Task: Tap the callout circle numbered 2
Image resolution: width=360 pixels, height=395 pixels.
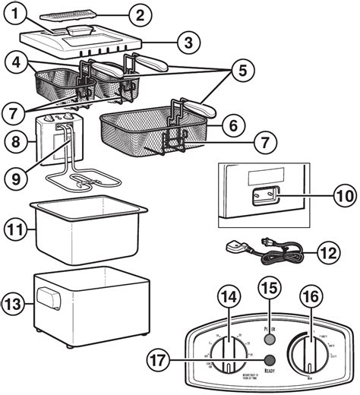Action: (x=137, y=13)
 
